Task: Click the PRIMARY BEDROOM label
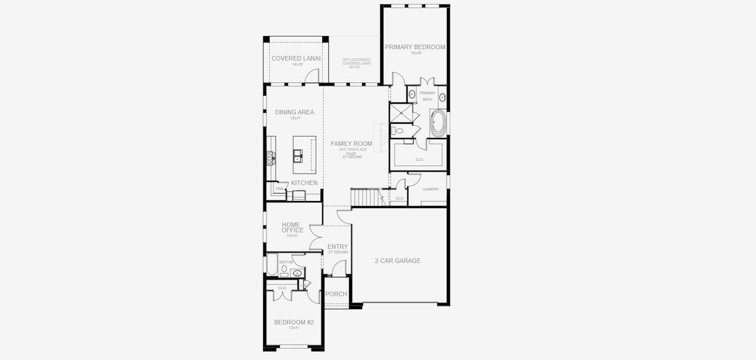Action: [415, 47]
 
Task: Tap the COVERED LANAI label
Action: [296, 58]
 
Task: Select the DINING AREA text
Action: [295, 112]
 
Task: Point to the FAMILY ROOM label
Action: [352, 143]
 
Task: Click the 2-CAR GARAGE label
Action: [398, 261]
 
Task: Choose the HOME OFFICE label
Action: [293, 227]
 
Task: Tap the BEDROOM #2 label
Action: [294, 322]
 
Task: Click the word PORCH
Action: [336, 294]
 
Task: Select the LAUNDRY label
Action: [430, 189]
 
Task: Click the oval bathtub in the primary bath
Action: [437, 124]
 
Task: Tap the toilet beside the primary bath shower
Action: [397, 130]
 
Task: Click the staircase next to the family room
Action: [364, 197]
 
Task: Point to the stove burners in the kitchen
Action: [271, 158]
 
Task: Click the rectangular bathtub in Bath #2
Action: [272, 265]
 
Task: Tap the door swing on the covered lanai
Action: [311, 76]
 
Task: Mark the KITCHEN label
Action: [304, 183]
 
